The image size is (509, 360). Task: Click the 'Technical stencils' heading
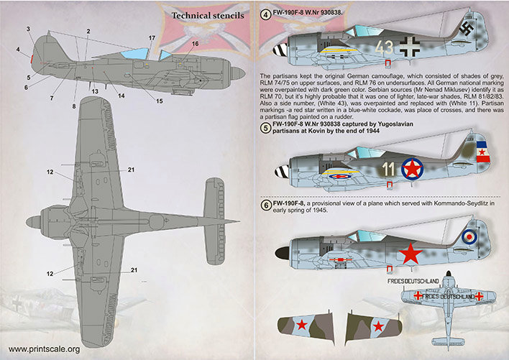207,14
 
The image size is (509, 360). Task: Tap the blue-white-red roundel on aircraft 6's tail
469,236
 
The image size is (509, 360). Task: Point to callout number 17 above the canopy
152,37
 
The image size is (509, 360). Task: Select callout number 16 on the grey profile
196,44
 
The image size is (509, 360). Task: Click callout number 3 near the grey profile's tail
28,29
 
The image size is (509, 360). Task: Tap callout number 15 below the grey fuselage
159,101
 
